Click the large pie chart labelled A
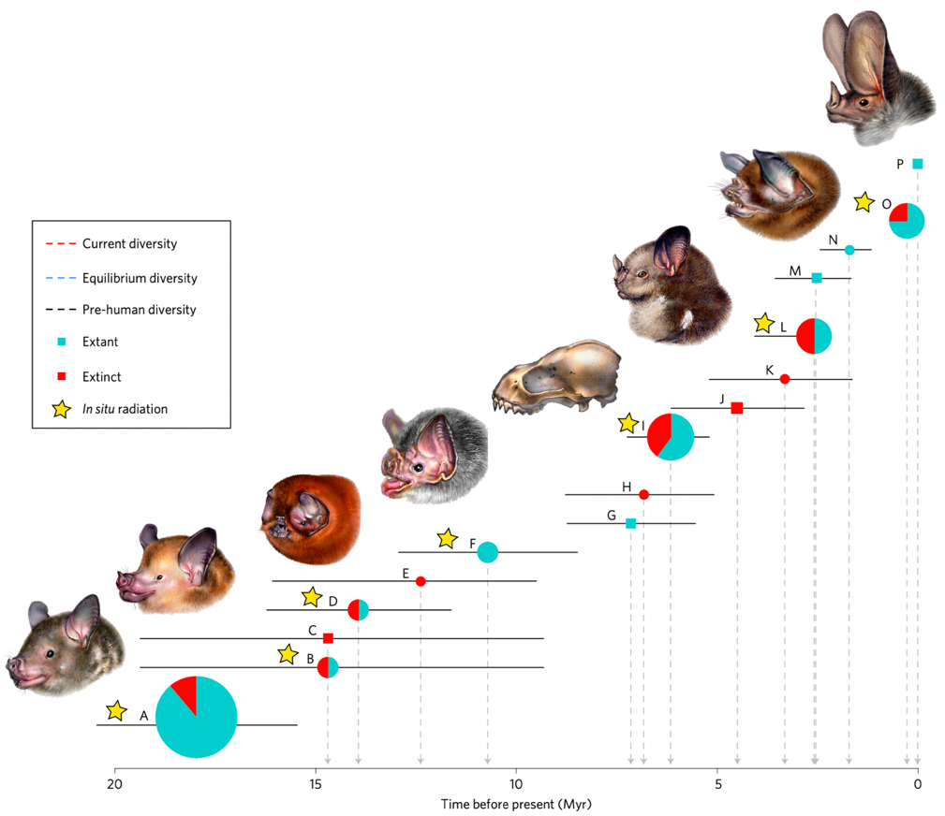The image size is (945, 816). tap(197, 717)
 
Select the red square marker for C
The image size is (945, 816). tap(328, 638)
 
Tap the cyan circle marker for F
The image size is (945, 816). tap(487, 552)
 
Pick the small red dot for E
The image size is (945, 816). tap(421, 581)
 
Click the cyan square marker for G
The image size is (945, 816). tap(630, 523)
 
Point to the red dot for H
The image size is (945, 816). tap(643, 494)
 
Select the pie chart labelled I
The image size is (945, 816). tap(671, 436)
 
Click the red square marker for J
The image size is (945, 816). tap(737, 408)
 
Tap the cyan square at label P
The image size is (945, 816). tap(918, 164)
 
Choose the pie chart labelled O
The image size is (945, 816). tap(907, 220)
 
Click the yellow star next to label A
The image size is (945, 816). tap(116, 711)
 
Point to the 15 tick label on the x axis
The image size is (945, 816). tap(316, 783)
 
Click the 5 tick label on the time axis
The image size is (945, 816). tap(717, 783)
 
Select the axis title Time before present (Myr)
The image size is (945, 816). tap(517, 804)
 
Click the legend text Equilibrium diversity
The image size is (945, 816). tap(140, 278)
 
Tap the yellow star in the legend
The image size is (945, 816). tap(61, 409)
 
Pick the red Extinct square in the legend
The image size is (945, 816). tap(61, 376)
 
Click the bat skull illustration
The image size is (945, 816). tap(556, 377)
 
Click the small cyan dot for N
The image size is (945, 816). tap(849, 250)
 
